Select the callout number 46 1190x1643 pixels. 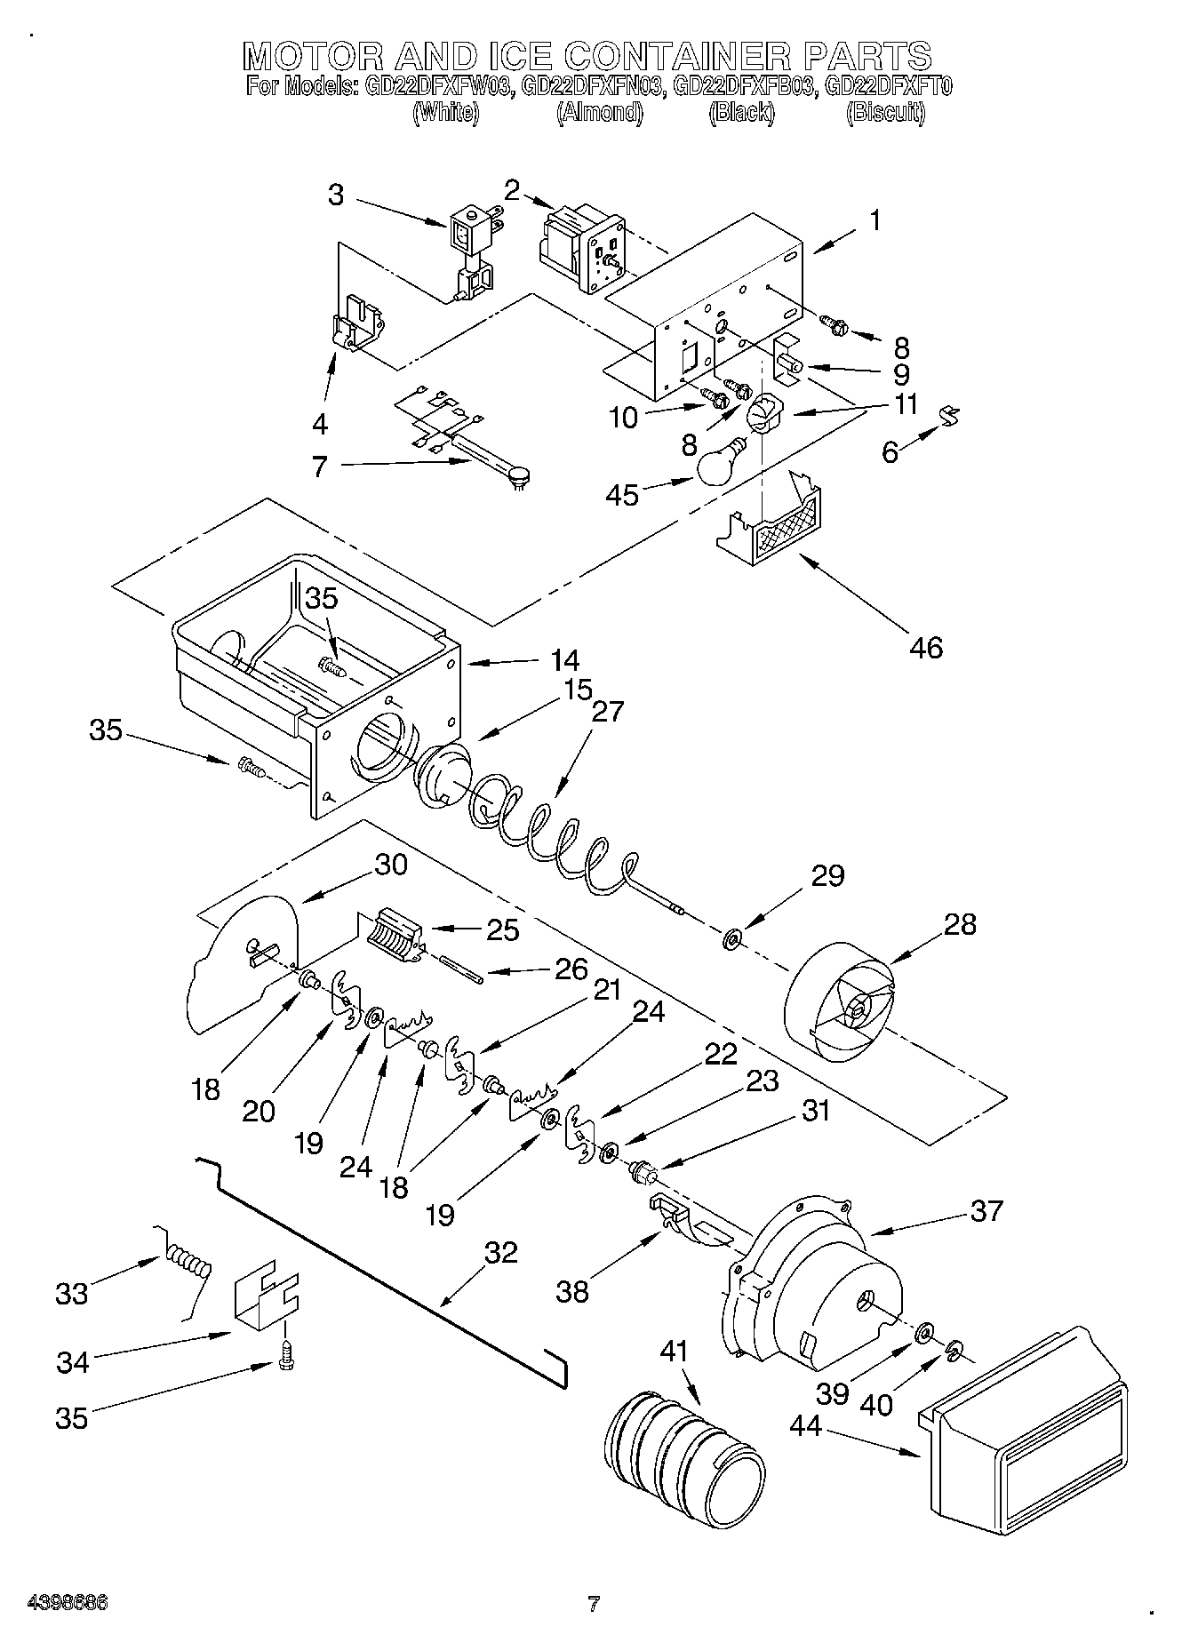pos(925,647)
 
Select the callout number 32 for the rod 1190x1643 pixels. pos(500,1252)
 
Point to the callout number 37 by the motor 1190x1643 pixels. pos(986,1210)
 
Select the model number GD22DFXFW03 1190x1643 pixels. pos(437,88)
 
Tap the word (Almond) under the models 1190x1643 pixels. pos(599,113)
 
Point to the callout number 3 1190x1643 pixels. pos(335,195)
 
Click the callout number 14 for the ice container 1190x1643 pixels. pos(564,660)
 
